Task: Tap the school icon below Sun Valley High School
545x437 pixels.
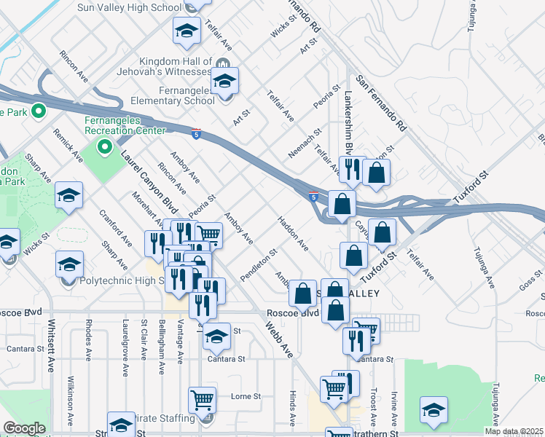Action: [x=187, y=31]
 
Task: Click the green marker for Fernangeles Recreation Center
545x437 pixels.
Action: [x=105, y=148]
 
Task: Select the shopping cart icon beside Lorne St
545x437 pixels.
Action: [x=202, y=399]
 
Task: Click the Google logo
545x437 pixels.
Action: [x=25, y=428]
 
